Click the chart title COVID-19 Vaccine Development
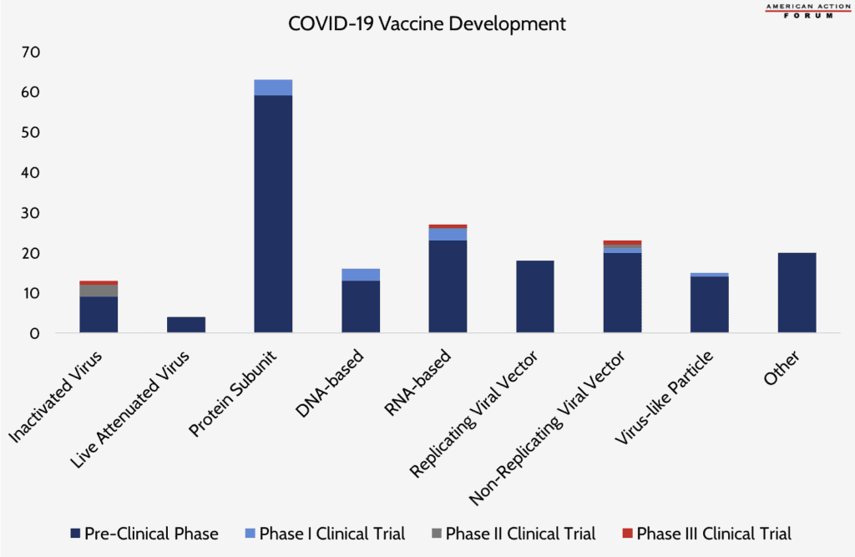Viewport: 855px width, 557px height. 427,23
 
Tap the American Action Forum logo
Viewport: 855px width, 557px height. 798,11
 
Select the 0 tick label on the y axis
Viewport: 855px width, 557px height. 34,334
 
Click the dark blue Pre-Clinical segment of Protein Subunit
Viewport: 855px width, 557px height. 273,214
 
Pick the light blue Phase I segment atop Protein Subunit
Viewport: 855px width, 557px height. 273,88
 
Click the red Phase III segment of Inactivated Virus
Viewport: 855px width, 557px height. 99,283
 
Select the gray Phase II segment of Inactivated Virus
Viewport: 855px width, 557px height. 99,291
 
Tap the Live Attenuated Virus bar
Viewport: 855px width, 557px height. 186,325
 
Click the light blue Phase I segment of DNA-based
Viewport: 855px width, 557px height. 361,275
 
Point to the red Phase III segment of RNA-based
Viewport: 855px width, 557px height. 448,226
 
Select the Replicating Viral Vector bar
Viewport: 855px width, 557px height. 534,296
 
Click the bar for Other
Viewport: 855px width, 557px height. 797,293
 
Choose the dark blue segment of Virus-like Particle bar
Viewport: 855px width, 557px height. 709,305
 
